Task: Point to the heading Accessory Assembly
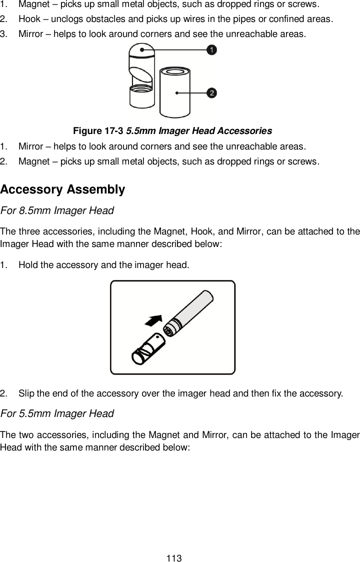point(62,190)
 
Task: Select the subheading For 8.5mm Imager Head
point(57,210)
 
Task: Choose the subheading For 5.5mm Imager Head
point(57,413)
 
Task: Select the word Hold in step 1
point(27,264)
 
